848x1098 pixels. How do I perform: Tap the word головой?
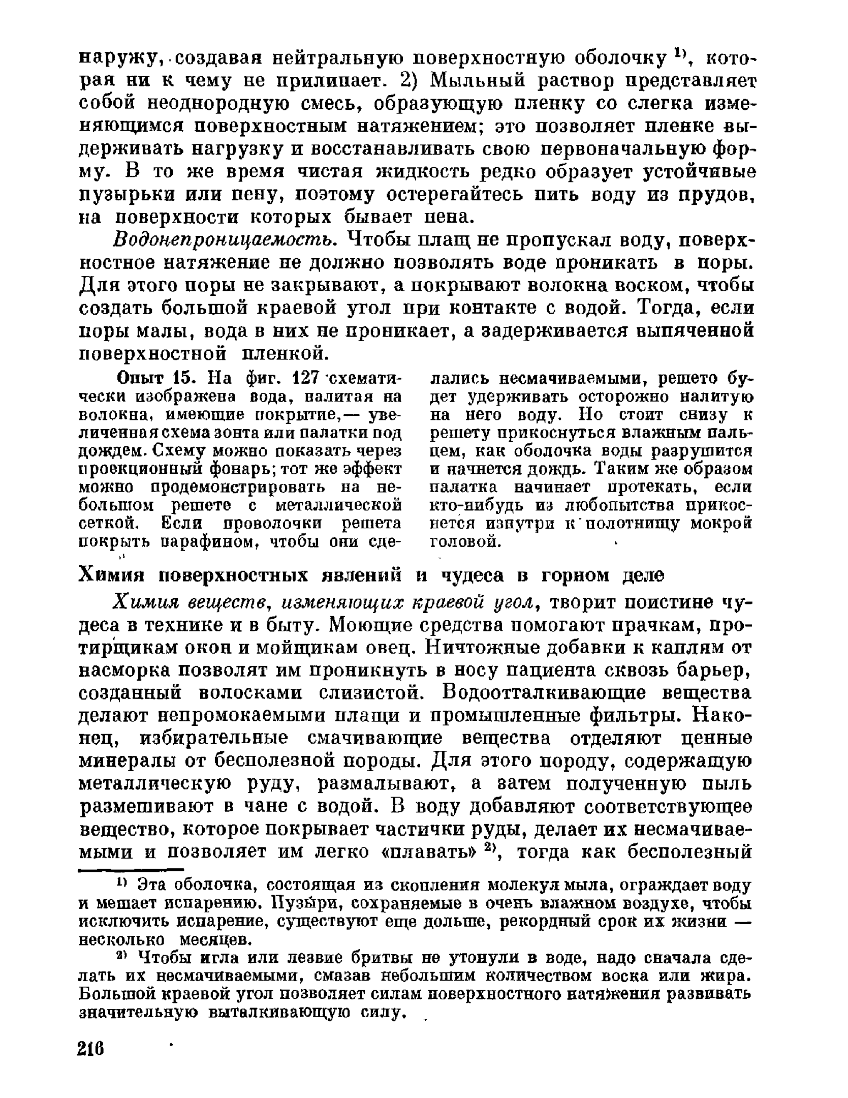pyautogui.click(x=465, y=542)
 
